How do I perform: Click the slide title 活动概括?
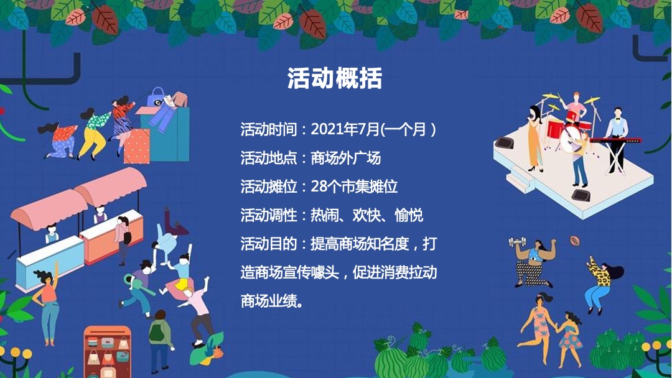tap(335, 79)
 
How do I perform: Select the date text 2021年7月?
tap(345, 129)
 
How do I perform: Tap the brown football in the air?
tap(574, 239)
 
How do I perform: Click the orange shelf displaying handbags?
tap(107, 351)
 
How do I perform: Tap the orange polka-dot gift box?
tap(136, 147)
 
